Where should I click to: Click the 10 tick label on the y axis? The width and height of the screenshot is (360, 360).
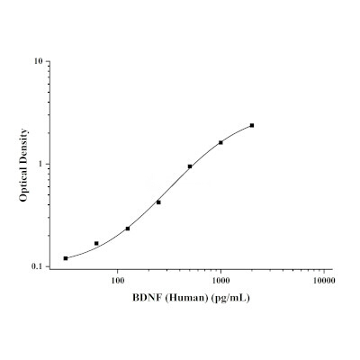[x=38, y=61]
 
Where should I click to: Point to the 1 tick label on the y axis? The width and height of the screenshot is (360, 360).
[x=40, y=164]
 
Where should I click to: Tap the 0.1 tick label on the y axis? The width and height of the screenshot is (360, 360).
[x=37, y=266]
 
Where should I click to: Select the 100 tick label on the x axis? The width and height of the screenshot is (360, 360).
[x=118, y=281]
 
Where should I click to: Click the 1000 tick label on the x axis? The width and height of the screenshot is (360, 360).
[x=220, y=281]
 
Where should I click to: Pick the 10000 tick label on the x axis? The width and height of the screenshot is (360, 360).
[x=324, y=281]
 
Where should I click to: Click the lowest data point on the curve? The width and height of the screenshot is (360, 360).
[x=66, y=258]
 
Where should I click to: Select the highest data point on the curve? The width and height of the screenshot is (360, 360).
[x=252, y=125]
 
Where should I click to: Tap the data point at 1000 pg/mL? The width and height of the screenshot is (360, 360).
[x=220, y=142]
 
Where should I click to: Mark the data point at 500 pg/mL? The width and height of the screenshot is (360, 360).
[x=190, y=166]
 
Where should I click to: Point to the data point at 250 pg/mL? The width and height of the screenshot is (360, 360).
[x=158, y=202]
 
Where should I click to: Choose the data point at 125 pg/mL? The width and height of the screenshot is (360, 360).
[x=128, y=229]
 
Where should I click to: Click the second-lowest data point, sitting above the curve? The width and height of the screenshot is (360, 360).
[x=96, y=243]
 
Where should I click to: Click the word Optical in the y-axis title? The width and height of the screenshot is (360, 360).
[x=23, y=183]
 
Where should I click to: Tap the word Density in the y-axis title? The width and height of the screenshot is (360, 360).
[x=23, y=145]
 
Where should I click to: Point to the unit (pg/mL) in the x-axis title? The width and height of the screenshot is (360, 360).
[x=230, y=298]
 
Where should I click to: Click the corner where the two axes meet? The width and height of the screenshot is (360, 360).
[x=49, y=269]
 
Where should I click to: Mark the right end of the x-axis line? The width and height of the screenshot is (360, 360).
[x=332, y=269]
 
